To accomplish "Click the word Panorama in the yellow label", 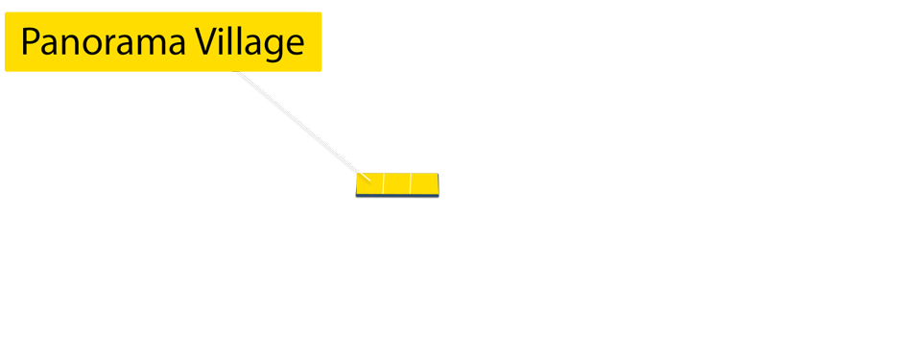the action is click(x=100, y=44).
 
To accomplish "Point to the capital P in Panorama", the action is click(x=30, y=44).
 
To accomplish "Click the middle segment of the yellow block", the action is click(x=396, y=183).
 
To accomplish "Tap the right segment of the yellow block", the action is click(x=423, y=183).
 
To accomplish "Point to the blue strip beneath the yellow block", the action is click(x=397, y=194).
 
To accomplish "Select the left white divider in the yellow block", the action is click(x=383, y=183).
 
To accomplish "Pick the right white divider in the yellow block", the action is click(x=410, y=183).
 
